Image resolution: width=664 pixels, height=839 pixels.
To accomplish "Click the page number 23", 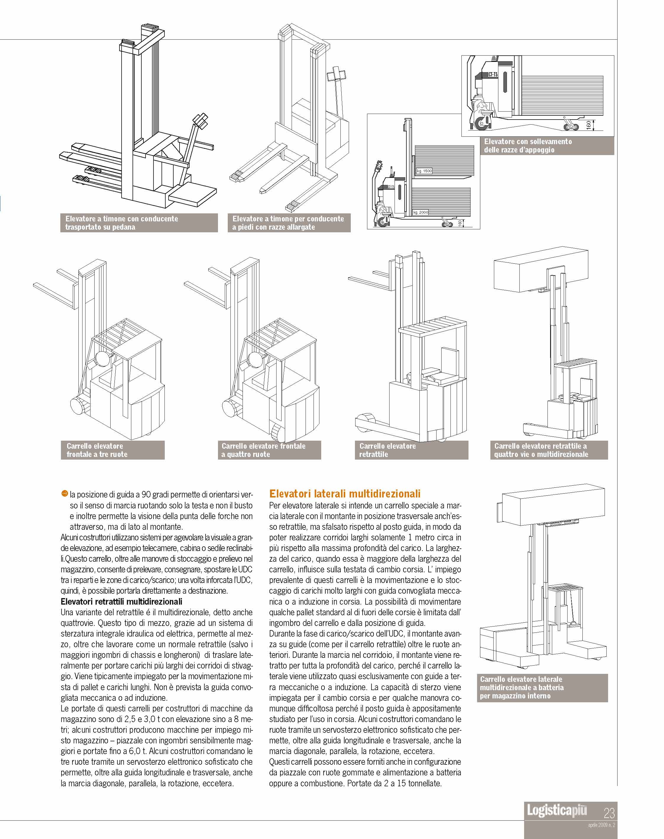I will (x=609, y=813).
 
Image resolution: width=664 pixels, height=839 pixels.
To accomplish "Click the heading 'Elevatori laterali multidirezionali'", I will (x=345, y=494).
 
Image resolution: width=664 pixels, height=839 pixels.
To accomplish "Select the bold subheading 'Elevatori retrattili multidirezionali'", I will (x=121, y=601).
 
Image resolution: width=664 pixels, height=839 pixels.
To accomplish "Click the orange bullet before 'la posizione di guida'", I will (x=64, y=494).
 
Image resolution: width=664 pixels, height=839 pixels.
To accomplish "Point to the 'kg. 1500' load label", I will (x=424, y=171).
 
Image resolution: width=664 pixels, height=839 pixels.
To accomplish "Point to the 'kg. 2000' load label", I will (x=421, y=212).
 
